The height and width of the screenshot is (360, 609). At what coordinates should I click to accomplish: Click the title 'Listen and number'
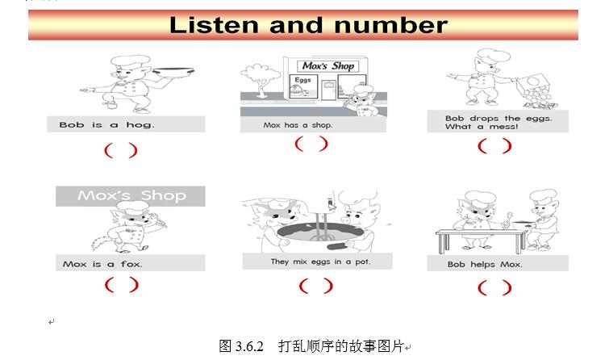tap(307, 24)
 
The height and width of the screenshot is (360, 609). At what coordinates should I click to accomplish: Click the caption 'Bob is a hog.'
tap(106, 125)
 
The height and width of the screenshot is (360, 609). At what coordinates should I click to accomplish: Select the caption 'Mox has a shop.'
tap(298, 125)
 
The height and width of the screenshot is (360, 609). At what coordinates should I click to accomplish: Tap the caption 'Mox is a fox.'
tap(102, 264)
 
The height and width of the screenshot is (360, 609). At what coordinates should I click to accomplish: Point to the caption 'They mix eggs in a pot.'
tap(319, 262)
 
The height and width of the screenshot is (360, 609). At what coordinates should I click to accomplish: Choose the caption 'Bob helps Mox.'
tap(485, 264)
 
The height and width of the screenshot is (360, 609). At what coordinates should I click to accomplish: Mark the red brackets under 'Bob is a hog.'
tap(120, 150)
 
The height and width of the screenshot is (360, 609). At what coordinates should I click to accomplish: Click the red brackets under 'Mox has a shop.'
tap(311, 144)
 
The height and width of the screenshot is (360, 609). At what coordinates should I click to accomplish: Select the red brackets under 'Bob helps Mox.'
tap(494, 287)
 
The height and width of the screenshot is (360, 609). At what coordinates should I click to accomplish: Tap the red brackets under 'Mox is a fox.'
tap(121, 285)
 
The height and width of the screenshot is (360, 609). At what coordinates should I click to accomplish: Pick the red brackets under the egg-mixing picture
tap(315, 286)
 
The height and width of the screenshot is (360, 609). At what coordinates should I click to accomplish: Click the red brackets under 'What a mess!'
tap(494, 146)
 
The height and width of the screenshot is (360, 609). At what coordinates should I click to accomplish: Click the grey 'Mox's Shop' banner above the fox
tap(131, 196)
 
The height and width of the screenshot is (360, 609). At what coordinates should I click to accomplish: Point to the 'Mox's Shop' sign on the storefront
tap(327, 65)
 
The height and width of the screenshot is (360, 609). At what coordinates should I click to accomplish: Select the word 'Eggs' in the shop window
tap(302, 81)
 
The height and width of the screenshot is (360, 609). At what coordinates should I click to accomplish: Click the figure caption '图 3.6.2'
tap(242, 345)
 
